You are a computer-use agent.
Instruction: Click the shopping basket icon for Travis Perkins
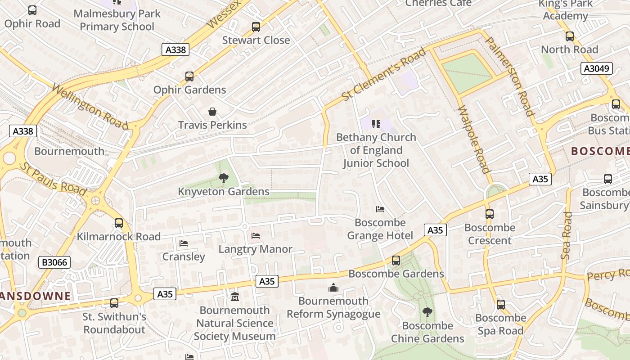tap(212, 112)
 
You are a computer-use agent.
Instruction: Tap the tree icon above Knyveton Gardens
tap(223, 178)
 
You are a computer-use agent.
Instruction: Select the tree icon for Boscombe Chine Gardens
tap(427, 312)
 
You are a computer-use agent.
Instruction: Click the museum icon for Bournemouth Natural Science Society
tap(234, 297)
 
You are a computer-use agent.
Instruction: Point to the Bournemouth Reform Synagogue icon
tap(333, 288)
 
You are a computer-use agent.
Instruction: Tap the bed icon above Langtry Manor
tap(256, 236)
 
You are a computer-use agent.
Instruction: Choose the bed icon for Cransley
tap(183, 243)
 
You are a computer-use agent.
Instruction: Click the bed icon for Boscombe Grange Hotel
tap(380, 209)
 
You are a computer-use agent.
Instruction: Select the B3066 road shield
tap(54, 262)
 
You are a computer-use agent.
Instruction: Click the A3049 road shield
tap(597, 68)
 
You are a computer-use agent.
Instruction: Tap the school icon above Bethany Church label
tap(376, 124)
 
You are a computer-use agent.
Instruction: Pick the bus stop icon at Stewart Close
tap(256, 27)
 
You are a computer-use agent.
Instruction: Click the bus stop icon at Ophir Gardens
tap(189, 76)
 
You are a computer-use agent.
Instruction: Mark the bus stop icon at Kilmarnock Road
tap(119, 223)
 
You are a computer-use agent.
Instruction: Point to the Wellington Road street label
tap(90, 106)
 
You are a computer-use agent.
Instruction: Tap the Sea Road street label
tap(567, 235)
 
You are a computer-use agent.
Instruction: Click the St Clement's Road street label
tap(383, 75)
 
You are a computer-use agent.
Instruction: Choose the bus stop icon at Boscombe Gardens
tap(396, 261)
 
